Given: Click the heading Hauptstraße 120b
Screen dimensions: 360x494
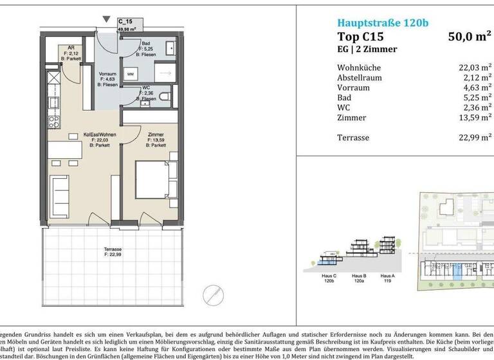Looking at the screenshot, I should click(383, 24).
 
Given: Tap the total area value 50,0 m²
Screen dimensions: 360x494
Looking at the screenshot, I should click(470, 37).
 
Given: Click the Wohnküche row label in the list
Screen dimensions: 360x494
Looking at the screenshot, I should click(359, 67).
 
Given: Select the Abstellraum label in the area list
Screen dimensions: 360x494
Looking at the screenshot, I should click(360, 78).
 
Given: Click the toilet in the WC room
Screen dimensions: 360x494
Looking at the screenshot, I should click(165, 97).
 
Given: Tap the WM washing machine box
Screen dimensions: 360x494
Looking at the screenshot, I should click(131, 75).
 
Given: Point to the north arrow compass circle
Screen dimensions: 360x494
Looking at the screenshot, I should click(212, 296).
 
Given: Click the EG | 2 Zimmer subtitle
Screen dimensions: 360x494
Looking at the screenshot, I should click(367, 50).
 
